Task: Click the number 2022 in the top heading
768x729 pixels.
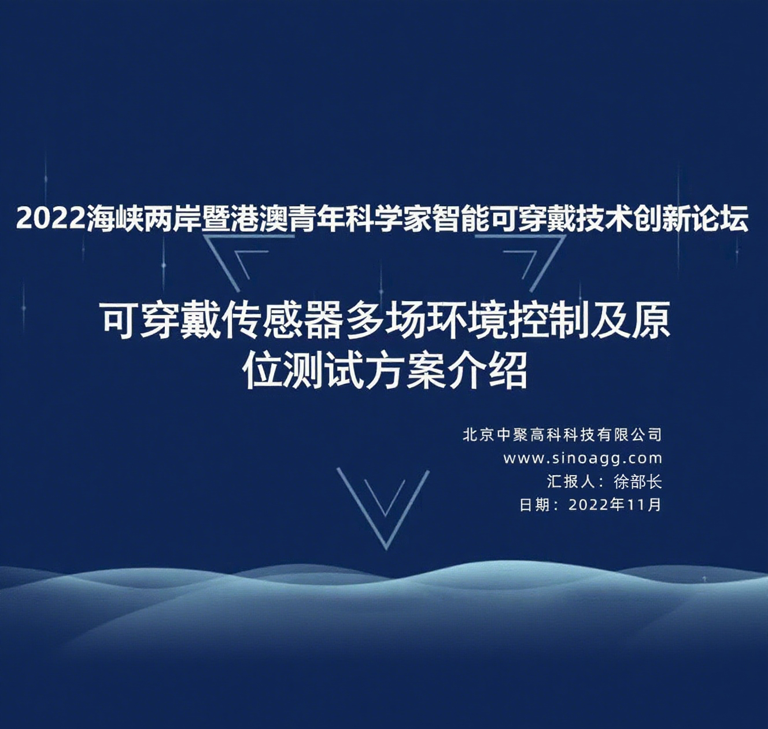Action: point(51,218)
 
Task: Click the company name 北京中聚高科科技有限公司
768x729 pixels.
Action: point(562,435)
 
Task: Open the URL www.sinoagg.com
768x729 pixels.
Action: point(582,458)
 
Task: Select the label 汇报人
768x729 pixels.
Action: point(571,482)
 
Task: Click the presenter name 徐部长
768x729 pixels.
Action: point(637,482)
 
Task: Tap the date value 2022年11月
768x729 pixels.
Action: point(615,505)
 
